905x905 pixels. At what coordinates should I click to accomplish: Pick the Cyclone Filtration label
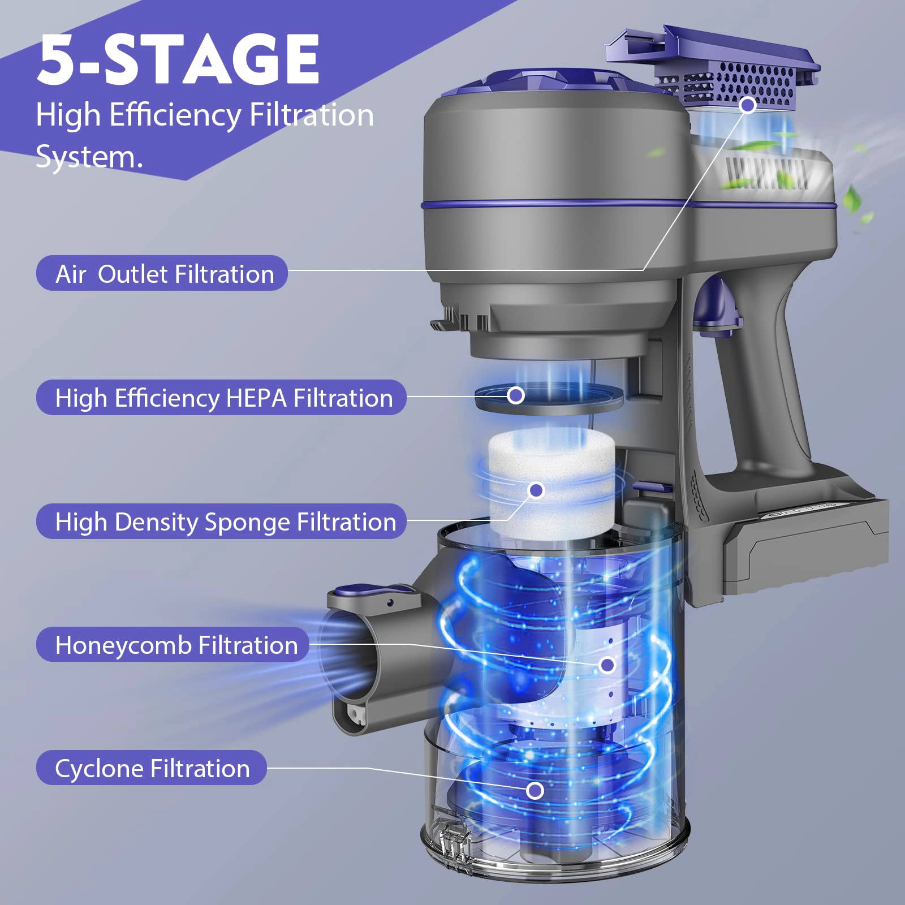tap(151, 768)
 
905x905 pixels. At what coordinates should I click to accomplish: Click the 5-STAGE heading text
tap(179, 59)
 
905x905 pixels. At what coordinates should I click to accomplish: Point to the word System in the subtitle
tap(89, 157)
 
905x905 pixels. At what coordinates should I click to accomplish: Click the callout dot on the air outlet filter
tap(748, 105)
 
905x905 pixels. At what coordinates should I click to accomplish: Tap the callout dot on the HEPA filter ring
tap(516, 395)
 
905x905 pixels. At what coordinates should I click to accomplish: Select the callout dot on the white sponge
tap(536, 490)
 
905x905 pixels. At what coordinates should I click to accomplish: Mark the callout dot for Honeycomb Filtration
tap(607, 665)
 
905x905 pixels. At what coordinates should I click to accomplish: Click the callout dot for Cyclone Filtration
tap(535, 791)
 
